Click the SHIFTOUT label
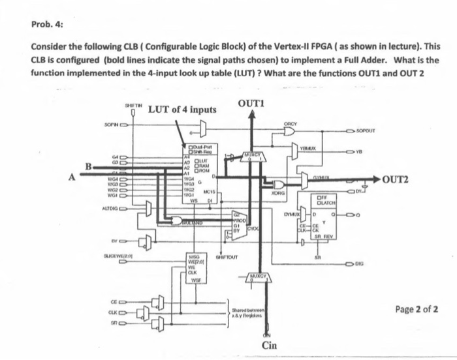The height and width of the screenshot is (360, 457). [x=227, y=258]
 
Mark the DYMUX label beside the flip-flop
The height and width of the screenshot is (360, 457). [x=292, y=212]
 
